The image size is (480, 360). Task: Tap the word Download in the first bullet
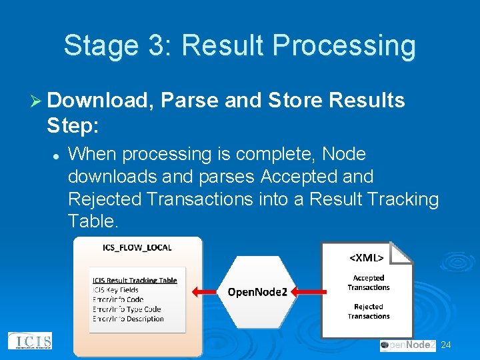[101, 100]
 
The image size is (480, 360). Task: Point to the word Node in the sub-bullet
[343, 154]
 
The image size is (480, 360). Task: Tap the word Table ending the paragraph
[92, 221]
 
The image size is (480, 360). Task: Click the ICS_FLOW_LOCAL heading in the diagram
[137, 247]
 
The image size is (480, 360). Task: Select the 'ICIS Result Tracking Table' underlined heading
[135, 280]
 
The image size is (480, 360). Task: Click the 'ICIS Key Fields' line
[115, 290]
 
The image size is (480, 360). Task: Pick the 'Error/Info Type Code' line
[127, 309]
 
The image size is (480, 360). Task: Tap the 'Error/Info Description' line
[128, 319]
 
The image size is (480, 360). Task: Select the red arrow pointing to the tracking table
[205, 291]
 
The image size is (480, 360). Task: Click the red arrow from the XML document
[311, 291]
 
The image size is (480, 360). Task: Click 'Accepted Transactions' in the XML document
[368, 283]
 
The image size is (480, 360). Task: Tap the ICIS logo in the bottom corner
[29, 341]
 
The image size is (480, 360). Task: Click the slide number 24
[446, 345]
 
